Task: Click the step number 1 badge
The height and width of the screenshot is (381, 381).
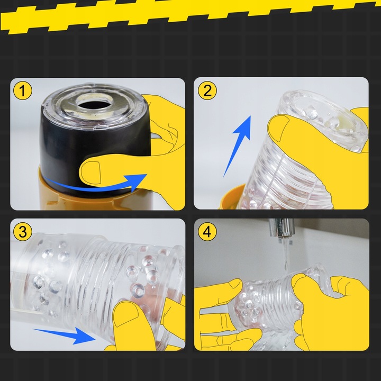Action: tap(23, 90)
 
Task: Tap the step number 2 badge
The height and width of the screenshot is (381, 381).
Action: tap(207, 90)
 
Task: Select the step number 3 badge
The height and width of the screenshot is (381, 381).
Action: tap(23, 232)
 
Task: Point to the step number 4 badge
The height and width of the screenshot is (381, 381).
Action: tap(207, 232)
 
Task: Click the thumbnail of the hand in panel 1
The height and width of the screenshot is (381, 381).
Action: tap(91, 172)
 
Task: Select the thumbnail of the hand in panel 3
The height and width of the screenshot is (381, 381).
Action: tap(125, 314)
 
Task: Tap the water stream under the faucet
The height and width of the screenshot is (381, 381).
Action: tap(287, 253)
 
